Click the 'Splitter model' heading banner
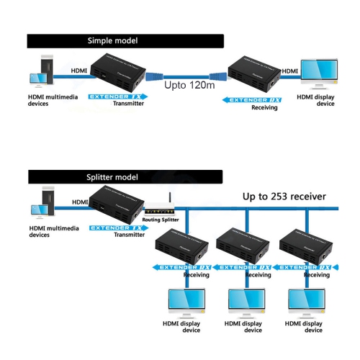tap(112, 176)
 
